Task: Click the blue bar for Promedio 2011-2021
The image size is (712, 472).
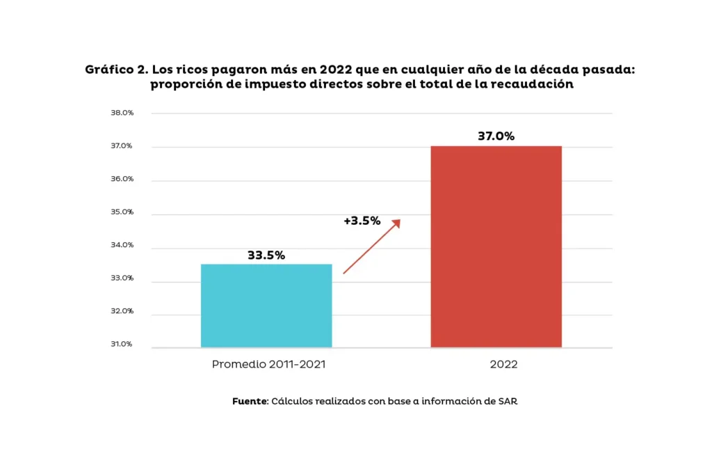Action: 266,306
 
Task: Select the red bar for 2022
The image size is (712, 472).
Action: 496,246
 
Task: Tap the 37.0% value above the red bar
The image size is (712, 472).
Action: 496,136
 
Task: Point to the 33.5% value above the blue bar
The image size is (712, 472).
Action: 266,255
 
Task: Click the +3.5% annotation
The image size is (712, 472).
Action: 362,221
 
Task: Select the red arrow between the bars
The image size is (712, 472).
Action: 372,246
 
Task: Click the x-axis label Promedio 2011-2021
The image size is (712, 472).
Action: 268,364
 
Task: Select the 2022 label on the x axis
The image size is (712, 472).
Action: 503,364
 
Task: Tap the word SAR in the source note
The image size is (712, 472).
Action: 507,402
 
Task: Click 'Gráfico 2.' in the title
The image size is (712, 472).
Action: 115,70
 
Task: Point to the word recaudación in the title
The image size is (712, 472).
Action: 533,84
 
